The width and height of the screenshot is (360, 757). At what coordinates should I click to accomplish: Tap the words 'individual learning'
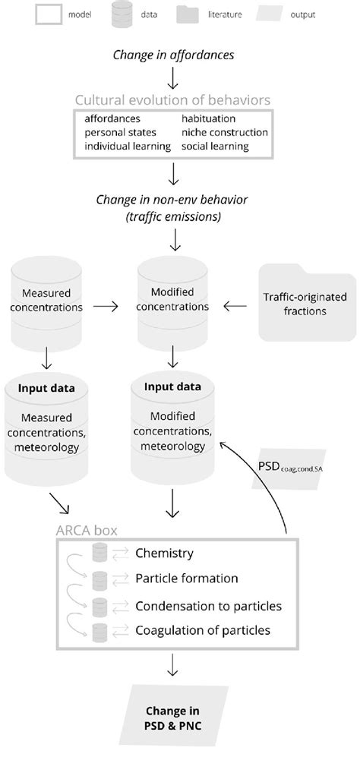click(x=128, y=146)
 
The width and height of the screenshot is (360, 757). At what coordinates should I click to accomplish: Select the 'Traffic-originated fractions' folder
click(x=307, y=301)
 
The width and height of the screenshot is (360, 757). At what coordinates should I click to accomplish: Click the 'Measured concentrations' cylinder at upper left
click(x=47, y=301)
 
